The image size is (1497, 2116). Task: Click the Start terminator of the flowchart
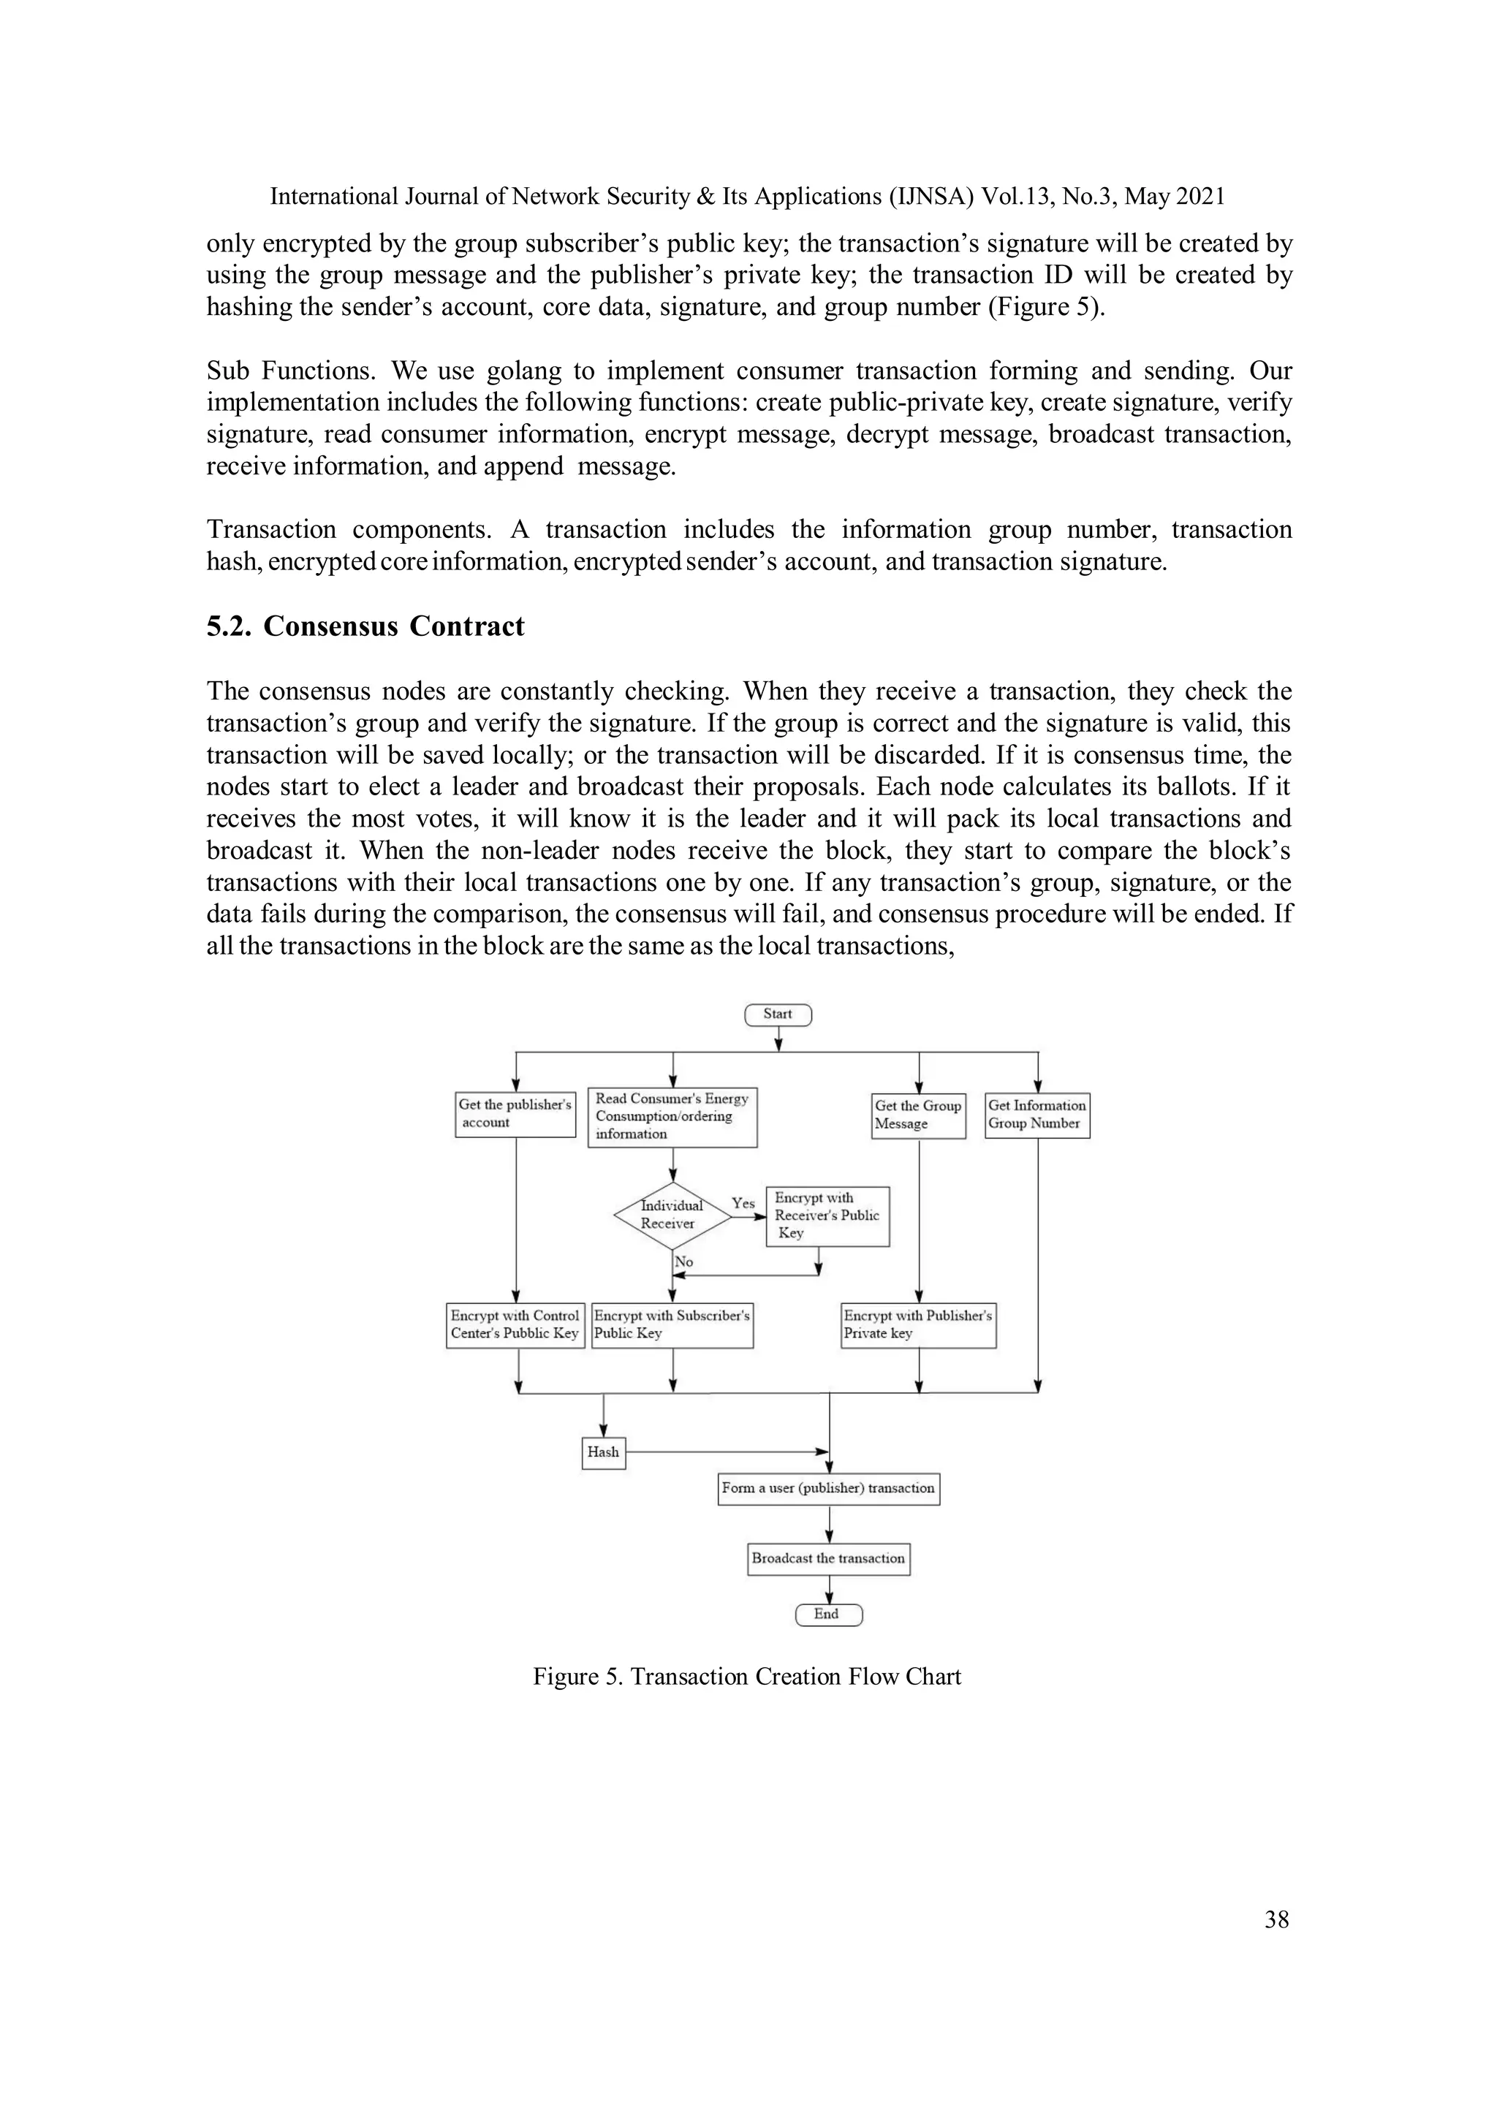pos(778,1015)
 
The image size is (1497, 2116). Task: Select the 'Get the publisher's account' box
pos(515,1114)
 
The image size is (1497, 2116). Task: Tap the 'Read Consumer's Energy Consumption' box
pos(672,1117)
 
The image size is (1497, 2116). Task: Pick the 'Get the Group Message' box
pos(918,1115)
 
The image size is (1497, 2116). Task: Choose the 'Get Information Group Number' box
pos(1037,1115)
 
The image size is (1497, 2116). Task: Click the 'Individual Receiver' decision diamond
pos(671,1216)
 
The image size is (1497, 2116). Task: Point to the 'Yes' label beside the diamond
pos(743,1204)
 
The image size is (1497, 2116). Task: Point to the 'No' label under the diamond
pos(684,1262)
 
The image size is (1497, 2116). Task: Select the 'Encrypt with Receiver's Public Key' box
pos(827,1216)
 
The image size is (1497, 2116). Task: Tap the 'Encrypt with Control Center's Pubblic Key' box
pos(515,1325)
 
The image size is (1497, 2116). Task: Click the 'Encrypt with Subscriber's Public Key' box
pos(672,1325)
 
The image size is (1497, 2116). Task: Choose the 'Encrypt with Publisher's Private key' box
pos(918,1325)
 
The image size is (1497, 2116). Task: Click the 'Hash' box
pos(604,1452)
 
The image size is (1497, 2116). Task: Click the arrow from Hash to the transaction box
pos(728,1452)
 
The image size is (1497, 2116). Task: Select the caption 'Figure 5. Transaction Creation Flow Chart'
pos(746,1677)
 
